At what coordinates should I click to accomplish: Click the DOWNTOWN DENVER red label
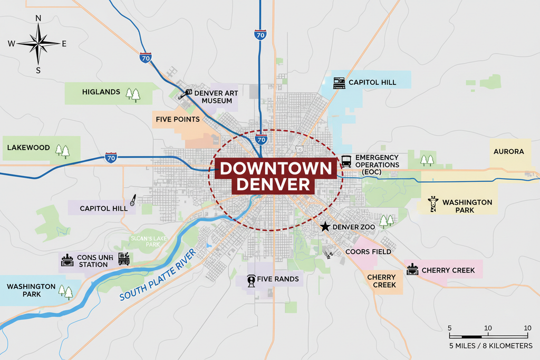pyautogui.click(x=276, y=177)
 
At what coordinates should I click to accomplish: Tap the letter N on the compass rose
pyautogui.click(x=38, y=18)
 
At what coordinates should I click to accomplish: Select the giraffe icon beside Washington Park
pyautogui.click(x=433, y=205)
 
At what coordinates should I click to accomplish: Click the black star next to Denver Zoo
pyautogui.click(x=325, y=227)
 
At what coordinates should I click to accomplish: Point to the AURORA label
pyautogui.click(x=508, y=152)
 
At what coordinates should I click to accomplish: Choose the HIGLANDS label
pyautogui.click(x=101, y=92)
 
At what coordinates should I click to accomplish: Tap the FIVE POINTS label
pyautogui.click(x=177, y=119)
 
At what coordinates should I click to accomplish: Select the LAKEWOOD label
pyautogui.click(x=28, y=148)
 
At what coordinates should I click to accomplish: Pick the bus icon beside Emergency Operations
pyautogui.click(x=346, y=161)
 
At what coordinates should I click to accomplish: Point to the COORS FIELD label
pyautogui.click(x=368, y=251)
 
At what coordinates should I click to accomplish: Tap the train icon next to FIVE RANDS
pyautogui.click(x=252, y=280)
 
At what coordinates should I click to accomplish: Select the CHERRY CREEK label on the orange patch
pyautogui.click(x=381, y=281)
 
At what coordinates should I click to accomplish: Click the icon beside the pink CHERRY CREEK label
pyautogui.click(x=412, y=270)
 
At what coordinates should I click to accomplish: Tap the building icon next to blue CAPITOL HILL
pyautogui.click(x=339, y=83)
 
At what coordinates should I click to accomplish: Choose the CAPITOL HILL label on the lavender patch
pyautogui.click(x=103, y=208)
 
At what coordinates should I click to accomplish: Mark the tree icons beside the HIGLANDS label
pyautogui.click(x=133, y=94)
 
